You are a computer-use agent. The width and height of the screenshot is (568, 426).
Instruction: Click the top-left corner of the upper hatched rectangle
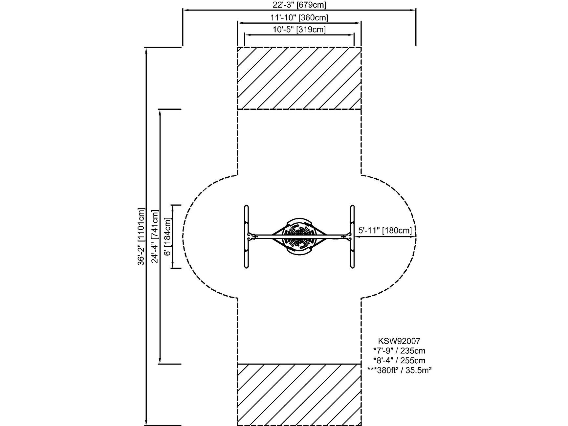click(238, 47)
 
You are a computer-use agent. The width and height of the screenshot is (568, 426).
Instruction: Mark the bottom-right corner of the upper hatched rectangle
click(361, 109)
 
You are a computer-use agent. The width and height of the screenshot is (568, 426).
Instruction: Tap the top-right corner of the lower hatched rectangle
click(361, 364)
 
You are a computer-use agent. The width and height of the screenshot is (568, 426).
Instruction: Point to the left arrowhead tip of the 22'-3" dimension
click(183, 10)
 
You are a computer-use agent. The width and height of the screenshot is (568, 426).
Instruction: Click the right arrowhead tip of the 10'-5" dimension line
click(354, 34)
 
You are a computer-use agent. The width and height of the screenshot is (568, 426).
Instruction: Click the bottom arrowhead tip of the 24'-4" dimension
click(160, 364)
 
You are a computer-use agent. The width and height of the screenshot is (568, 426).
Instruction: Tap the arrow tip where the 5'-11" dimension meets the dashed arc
click(416, 236)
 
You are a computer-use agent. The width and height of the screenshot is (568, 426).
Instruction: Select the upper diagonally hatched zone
click(299, 78)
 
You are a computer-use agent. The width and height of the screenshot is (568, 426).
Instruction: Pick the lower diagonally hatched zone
click(299, 395)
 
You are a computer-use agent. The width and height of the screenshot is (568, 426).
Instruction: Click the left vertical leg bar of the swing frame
click(247, 236)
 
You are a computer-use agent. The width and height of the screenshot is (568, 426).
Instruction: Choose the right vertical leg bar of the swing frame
click(352, 236)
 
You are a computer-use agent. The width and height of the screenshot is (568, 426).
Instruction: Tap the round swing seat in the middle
click(299, 236)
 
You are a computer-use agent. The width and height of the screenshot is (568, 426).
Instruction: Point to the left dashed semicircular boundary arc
click(183, 236)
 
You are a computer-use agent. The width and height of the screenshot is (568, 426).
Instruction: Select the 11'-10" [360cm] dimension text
click(299, 18)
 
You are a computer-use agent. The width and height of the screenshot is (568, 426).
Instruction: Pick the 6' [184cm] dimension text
click(167, 236)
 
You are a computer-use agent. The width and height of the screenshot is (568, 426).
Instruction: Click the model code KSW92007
click(399, 341)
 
